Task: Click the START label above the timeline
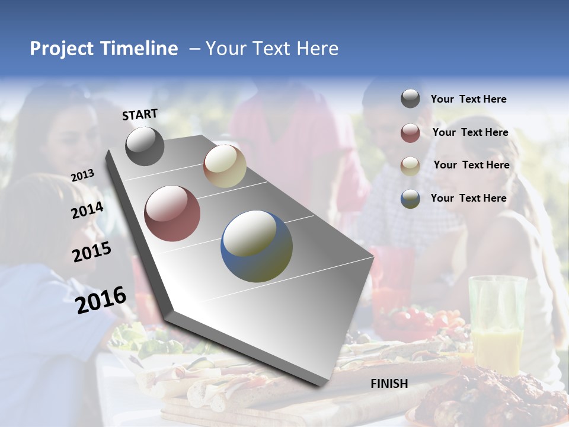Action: [x=140, y=115]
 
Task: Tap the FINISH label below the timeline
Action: [x=389, y=384]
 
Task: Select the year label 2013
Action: [x=83, y=175]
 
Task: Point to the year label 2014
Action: [x=87, y=211]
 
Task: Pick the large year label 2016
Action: [x=101, y=300]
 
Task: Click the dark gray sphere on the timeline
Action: [x=145, y=146]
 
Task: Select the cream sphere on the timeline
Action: [x=225, y=166]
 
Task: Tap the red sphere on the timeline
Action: [x=172, y=213]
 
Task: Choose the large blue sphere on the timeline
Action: [x=257, y=246]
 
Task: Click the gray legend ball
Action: [x=410, y=99]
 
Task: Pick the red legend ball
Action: [x=410, y=133]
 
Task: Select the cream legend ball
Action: [x=410, y=165]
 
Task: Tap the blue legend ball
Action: [x=410, y=199]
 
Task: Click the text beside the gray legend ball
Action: [x=468, y=99]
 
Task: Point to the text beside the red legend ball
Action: [x=470, y=132]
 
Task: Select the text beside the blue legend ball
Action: [x=468, y=198]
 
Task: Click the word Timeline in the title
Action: [x=140, y=49]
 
